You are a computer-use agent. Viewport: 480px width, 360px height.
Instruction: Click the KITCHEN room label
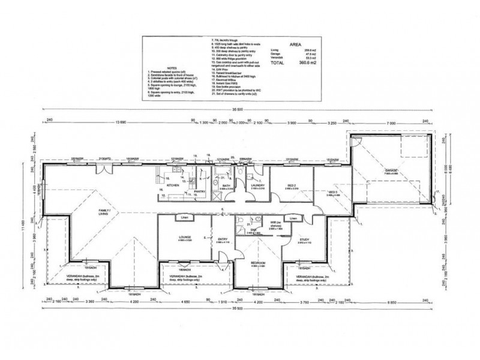(x=173, y=186)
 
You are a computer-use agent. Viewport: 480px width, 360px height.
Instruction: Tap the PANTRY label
(x=200, y=192)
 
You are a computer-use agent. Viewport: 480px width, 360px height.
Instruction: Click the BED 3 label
(x=324, y=191)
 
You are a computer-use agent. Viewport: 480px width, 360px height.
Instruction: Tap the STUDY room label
(x=304, y=240)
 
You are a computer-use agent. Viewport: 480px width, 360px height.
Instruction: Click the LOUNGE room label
(x=185, y=238)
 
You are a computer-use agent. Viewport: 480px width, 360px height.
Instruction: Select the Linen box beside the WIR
(x=293, y=219)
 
